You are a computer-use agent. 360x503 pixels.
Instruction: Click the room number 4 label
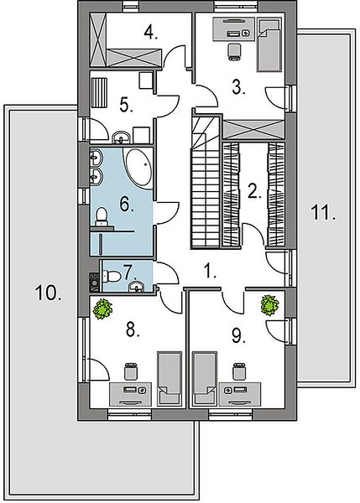coord(150,33)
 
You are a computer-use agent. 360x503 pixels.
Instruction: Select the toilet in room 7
coord(111,276)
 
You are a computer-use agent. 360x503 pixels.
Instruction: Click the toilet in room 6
coord(102,216)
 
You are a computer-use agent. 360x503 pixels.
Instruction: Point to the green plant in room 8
coord(102,309)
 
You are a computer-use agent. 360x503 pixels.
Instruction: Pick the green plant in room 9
coord(269,305)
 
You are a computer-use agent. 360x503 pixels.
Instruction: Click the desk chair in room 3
coord(234,51)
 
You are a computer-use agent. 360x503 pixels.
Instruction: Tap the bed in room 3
coord(269,44)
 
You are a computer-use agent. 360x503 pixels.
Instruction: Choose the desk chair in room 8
coord(131,371)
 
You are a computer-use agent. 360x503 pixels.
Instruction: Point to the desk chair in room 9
coord(239,371)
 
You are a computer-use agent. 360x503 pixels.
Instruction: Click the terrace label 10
coord(49,293)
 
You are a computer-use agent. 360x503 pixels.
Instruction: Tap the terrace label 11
coord(323,213)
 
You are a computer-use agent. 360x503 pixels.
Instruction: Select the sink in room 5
coord(122,137)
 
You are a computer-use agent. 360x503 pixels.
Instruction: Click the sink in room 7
coord(137,287)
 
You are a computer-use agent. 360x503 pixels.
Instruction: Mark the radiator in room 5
coord(99,92)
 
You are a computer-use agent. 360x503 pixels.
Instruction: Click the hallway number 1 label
coord(210,271)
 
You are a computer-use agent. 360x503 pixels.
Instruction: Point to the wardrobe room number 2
coord(253,191)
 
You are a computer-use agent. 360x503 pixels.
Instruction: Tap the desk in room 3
coord(234,29)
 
